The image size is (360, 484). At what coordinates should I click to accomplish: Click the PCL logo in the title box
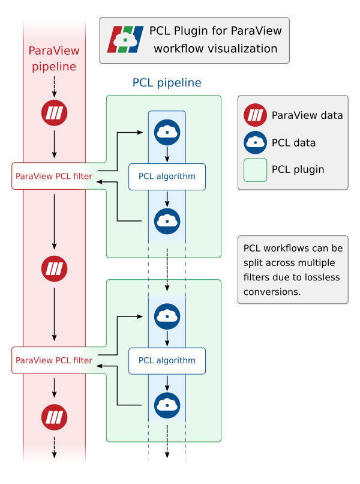click(125, 40)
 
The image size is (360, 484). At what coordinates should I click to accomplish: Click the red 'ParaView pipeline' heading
click(54, 58)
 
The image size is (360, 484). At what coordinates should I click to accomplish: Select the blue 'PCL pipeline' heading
click(167, 82)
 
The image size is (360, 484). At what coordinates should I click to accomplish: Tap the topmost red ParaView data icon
click(55, 113)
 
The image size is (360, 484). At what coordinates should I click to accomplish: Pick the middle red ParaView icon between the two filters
click(55, 268)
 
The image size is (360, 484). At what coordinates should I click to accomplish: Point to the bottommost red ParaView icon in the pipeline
click(55, 416)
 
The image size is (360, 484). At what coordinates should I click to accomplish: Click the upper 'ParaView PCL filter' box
click(54, 177)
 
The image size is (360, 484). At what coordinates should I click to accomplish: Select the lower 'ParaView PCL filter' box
click(54, 361)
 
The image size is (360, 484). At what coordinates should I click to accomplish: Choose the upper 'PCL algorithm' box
click(167, 177)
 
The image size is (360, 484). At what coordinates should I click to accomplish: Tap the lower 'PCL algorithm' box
click(167, 361)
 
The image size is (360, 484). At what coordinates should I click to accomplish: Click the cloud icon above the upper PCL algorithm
click(167, 132)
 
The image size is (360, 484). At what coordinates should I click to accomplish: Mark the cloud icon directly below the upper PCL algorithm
click(167, 221)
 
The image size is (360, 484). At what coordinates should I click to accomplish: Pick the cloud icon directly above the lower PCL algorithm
click(167, 316)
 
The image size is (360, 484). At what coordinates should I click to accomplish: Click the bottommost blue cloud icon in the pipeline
click(167, 405)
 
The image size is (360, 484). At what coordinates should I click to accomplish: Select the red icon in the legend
click(256, 115)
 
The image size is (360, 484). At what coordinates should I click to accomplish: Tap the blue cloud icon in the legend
click(256, 142)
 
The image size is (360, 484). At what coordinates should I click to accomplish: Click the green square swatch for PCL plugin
click(256, 170)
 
